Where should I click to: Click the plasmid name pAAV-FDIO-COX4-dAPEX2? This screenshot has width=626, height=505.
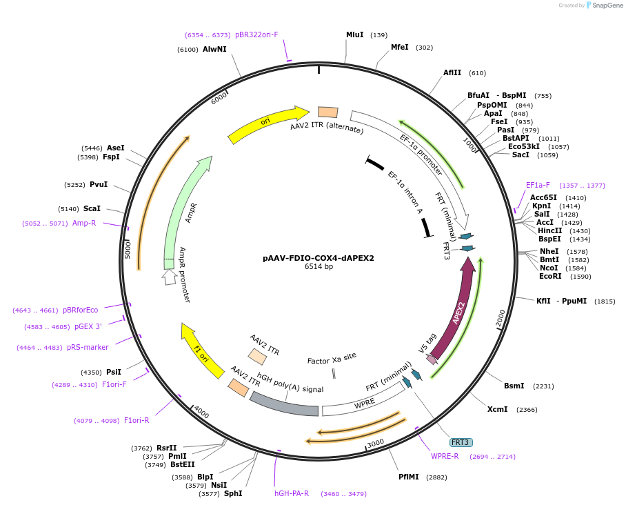pyautogui.click(x=319, y=258)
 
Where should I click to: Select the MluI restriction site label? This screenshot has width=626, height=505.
pyautogui.click(x=354, y=34)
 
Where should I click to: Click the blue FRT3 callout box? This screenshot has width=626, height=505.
pyautogui.click(x=461, y=442)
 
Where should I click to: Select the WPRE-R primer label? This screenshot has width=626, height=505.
pyautogui.click(x=445, y=456)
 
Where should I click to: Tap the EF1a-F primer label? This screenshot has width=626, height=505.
pyautogui.click(x=538, y=185)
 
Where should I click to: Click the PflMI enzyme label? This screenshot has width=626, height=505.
pyautogui.click(x=408, y=477)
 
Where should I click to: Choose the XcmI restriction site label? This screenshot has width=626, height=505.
pyautogui.click(x=497, y=409)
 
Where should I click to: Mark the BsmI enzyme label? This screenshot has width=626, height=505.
pyautogui.click(x=514, y=386)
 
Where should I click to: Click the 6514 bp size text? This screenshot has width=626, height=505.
pyautogui.click(x=319, y=267)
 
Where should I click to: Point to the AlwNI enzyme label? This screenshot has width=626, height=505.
pyautogui.click(x=214, y=49)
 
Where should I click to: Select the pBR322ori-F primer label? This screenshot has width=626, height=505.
pyautogui.click(x=256, y=34)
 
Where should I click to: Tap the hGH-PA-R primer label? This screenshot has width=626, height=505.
pyautogui.click(x=292, y=493)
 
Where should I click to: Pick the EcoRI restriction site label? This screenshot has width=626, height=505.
pyautogui.click(x=550, y=276)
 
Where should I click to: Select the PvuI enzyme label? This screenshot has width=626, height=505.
pyautogui.click(x=98, y=184)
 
